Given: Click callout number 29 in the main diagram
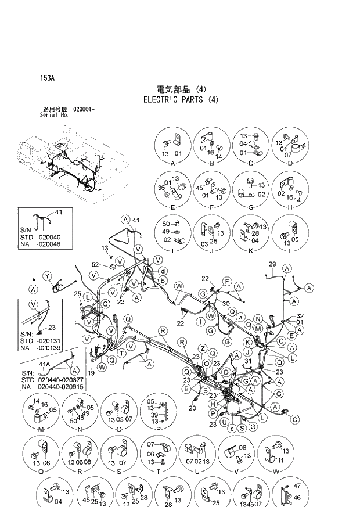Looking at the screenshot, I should pos(272,264).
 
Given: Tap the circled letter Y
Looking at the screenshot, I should pos(48,275).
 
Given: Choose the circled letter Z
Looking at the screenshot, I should pos(203,347).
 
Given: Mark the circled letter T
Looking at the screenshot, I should pos(121,353).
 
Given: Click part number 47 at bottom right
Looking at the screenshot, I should pos(297,486).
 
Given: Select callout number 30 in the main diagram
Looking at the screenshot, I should pos(225,304).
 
